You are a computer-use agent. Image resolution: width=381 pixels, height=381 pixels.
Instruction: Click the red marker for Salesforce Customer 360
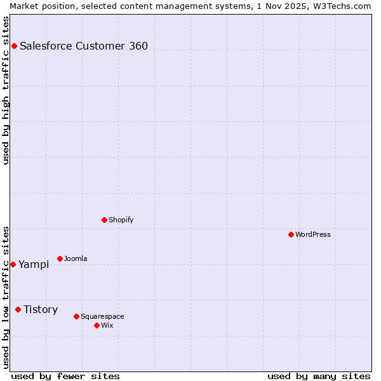14,46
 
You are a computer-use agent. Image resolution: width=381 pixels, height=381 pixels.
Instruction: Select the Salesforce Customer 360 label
84,46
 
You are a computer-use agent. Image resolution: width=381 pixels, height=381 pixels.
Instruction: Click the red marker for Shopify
104,220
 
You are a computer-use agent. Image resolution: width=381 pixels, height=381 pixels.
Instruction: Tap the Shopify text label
121,220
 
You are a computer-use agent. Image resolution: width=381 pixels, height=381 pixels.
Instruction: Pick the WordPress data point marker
291,234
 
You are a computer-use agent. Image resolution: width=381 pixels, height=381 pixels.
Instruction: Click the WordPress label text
313,234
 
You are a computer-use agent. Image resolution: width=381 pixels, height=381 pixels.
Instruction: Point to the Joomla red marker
60,258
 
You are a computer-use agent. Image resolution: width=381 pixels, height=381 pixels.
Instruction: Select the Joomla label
76,258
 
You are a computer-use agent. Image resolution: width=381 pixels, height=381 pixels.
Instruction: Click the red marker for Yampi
13,264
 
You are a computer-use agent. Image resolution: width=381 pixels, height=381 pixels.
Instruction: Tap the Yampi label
34,265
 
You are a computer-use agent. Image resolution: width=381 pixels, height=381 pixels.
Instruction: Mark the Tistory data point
18,309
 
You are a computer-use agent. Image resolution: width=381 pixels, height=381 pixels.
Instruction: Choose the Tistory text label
41,309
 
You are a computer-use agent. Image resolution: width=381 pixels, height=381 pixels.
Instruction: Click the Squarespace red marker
76,316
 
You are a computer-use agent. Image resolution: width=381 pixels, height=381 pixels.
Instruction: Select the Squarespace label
102,316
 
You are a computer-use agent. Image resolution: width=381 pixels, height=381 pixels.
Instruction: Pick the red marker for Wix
97,325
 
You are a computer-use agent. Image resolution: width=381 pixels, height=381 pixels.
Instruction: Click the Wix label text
107,325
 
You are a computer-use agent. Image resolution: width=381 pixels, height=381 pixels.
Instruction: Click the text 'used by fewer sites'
65,376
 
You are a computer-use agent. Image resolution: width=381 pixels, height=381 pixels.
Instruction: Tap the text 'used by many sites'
319,376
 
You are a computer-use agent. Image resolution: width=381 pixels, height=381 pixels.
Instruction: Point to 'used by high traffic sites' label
6,90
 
